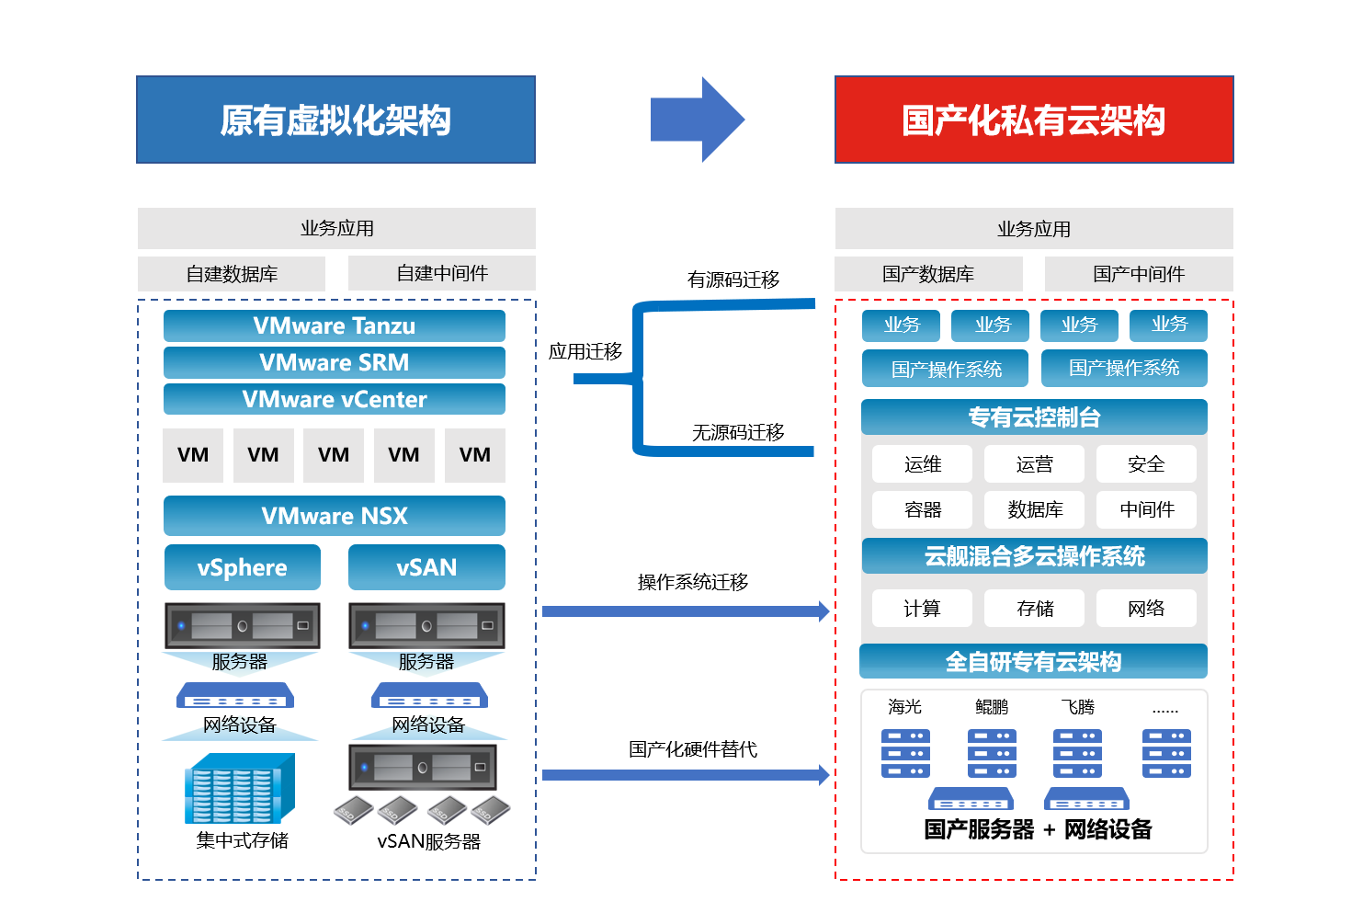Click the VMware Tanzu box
334,325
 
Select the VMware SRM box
334,363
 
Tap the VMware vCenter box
334,399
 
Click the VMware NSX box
334,516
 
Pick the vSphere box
242,567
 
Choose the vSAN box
426,567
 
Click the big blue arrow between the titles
698,120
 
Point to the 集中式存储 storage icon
240,788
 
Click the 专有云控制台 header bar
1034,417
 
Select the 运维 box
922,464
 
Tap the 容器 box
922,509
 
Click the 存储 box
1034,608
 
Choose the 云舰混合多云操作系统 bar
1034,555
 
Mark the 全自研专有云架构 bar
1033,661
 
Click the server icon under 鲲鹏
992,754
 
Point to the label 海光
904,707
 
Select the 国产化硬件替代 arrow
686,775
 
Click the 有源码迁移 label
733,279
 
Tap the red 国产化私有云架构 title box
1034,120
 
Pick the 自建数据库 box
232,274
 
